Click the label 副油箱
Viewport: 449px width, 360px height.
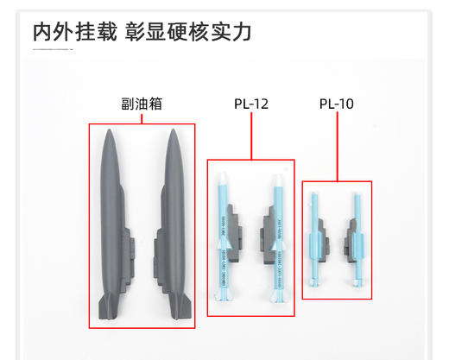(142, 104)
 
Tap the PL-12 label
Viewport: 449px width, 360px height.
(250, 104)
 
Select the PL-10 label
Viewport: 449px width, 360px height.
(336, 104)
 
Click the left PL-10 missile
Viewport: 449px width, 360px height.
(313, 237)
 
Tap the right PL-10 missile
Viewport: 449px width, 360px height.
(355, 237)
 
